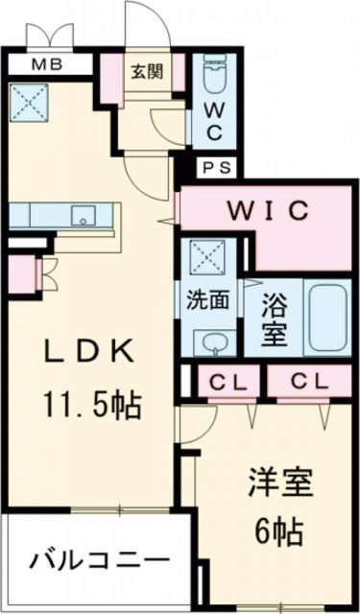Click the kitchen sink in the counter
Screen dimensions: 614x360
(84, 216)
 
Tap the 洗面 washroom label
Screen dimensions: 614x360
(206, 299)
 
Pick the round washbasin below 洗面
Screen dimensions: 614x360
(207, 341)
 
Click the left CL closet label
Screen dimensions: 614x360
(230, 382)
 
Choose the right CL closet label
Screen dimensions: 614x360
(309, 382)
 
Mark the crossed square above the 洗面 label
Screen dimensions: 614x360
(206, 258)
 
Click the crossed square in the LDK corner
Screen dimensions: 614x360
(24, 98)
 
